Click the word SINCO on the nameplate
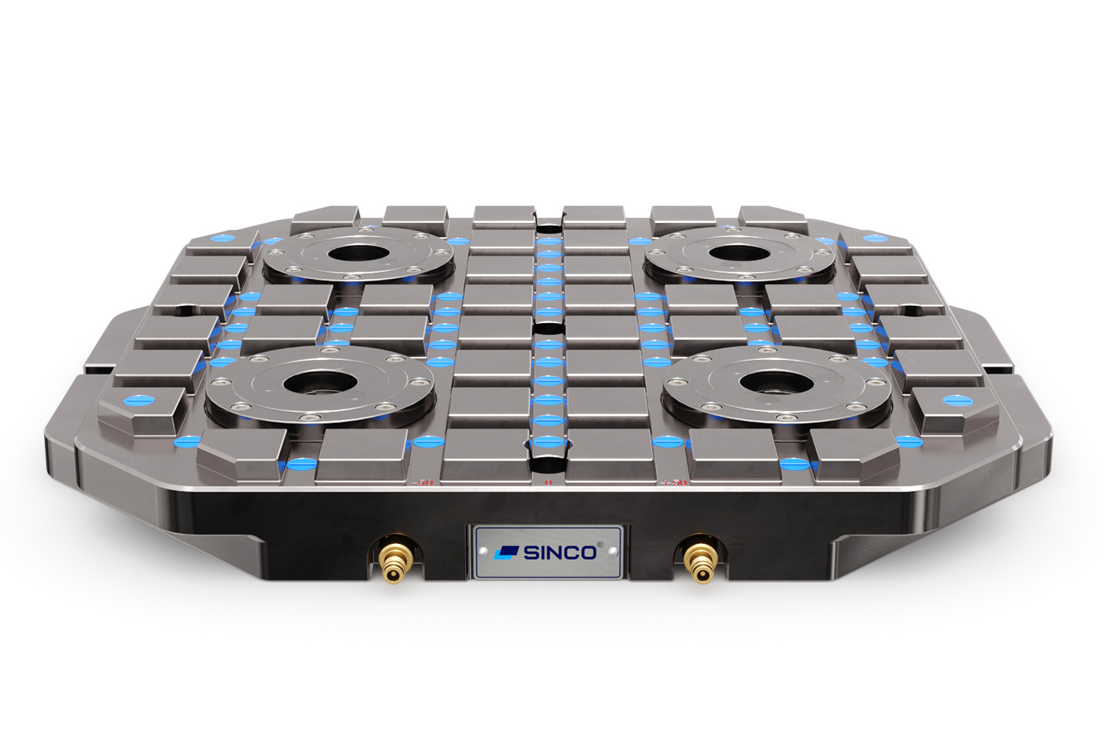(x=559, y=553)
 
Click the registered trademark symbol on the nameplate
(x=600, y=545)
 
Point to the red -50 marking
(x=424, y=483)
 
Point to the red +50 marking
(x=674, y=483)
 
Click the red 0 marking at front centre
(x=548, y=483)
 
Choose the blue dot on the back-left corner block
(x=219, y=239)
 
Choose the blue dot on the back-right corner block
(x=874, y=238)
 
